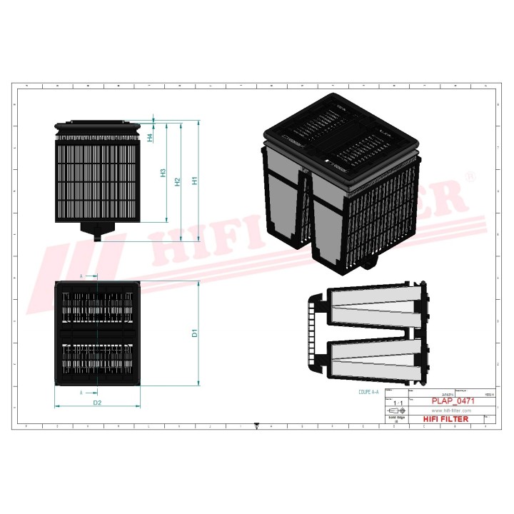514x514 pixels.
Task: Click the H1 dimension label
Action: coord(193,181)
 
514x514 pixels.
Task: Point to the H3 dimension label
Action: coord(163,173)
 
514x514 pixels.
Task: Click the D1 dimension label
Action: coord(193,333)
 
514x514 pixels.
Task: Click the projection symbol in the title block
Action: coord(394,412)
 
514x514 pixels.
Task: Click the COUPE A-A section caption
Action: coord(369,392)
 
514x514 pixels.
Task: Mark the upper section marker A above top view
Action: coord(83,276)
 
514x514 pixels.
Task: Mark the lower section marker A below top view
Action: coord(83,393)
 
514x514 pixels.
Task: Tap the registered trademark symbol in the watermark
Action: coord(469,176)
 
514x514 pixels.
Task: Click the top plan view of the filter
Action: coord(97,333)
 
